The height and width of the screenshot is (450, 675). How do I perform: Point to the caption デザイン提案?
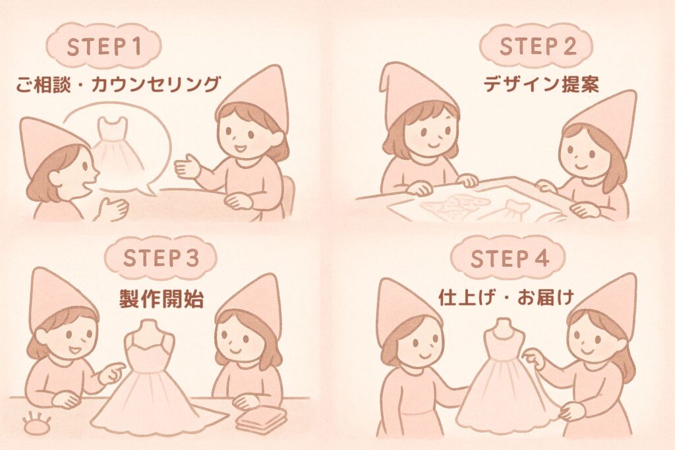point(541,84)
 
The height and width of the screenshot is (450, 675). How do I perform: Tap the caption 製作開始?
point(161,298)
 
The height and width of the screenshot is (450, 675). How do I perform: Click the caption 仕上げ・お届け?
point(506,298)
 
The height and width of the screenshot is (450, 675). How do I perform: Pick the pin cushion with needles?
point(37,422)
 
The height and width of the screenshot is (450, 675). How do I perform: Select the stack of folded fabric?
point(261,418)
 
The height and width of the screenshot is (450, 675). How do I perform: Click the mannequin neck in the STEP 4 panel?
point(503,328)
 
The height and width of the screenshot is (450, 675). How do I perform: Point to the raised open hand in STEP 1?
point(187,167)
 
